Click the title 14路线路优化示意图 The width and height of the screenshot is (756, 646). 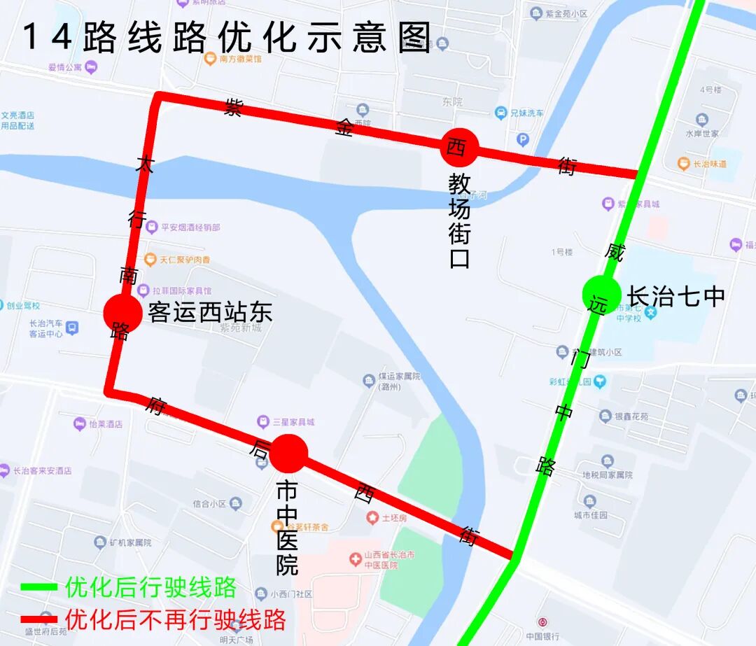(x=227, y=38)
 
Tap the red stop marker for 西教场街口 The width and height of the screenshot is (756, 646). (x=459, y=147)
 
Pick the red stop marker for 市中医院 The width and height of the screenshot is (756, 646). (x=288, y=454)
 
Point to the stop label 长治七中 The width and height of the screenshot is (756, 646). (x=675, y=296)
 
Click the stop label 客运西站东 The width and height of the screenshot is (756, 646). (x=209, y=312)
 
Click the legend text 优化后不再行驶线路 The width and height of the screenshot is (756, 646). (x=175, y=619)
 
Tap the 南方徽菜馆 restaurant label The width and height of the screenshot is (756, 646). (x=240, y=59)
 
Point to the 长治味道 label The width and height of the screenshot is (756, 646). (x=709, y=164)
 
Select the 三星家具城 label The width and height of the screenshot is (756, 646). (x=293, y=422)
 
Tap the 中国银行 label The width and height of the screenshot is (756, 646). (x=542, y=636)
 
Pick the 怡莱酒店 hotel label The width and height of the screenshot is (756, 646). (x=106, y=424)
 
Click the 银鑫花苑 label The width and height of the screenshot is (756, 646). (x=631, y=416)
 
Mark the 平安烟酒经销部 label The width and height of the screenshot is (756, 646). (x=190, y=227)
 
